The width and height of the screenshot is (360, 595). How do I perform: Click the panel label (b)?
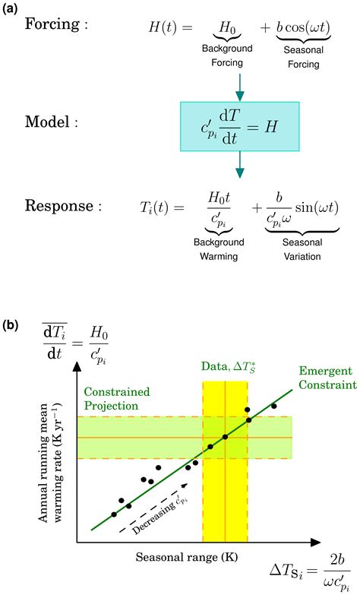click(x=12, y=324)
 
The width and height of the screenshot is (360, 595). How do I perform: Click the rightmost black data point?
click(x=274, y=406)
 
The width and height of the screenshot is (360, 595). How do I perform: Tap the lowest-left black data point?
click(x=114, y=514)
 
